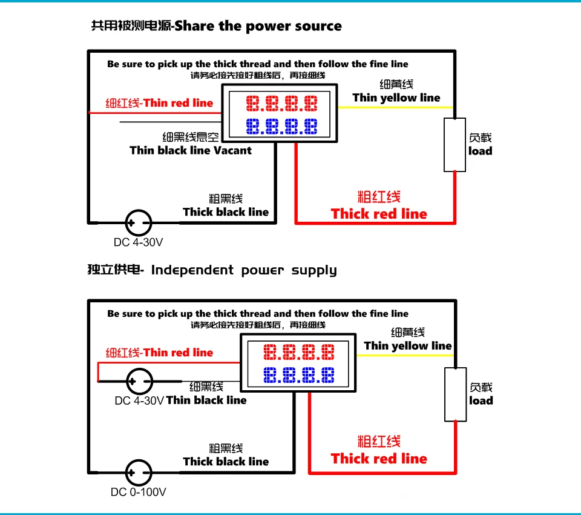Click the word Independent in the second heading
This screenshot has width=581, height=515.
[192, 270]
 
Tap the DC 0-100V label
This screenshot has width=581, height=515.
[138, 493]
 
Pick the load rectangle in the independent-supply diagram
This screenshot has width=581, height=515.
[455, 394]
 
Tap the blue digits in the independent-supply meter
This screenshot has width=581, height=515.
[299, 375]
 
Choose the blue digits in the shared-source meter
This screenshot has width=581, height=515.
[281, 127]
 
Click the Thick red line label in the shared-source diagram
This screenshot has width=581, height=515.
[379, 214]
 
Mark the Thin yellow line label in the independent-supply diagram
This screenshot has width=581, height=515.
[408, 346]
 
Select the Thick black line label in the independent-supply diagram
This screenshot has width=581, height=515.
[226, 462]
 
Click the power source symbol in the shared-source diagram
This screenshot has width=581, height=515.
[138, 222]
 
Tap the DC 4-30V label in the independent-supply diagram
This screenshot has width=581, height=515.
[139, 400]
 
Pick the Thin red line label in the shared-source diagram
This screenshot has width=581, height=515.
[178, 103]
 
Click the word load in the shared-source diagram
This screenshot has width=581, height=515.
[481, 151]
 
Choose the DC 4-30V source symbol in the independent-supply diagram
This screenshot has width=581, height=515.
[139, 381]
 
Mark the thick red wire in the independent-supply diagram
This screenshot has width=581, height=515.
[381, 473]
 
